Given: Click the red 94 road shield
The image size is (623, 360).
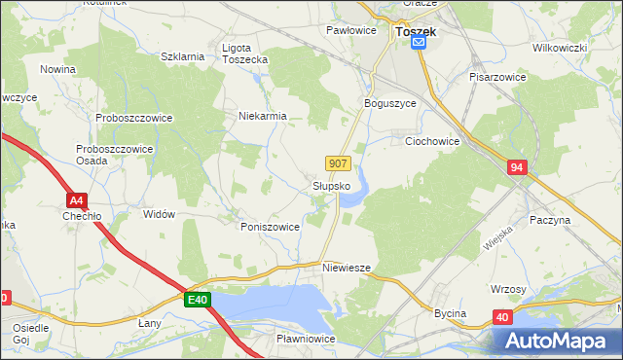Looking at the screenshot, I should (x=517, y=168).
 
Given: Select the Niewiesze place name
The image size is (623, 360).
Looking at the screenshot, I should (x=347, y=267).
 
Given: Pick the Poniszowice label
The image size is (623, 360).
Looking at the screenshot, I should (x=270, y=226).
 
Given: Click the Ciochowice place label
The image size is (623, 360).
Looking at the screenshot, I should (x=432, y=141).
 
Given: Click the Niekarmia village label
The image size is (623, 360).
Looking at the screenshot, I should (x=263, y=116).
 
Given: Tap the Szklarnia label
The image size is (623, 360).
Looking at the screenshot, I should (x=182, y=56).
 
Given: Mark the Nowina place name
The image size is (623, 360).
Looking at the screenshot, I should (x=58, y=69).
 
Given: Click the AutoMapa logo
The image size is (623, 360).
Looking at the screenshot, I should (x=556, y=341).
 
